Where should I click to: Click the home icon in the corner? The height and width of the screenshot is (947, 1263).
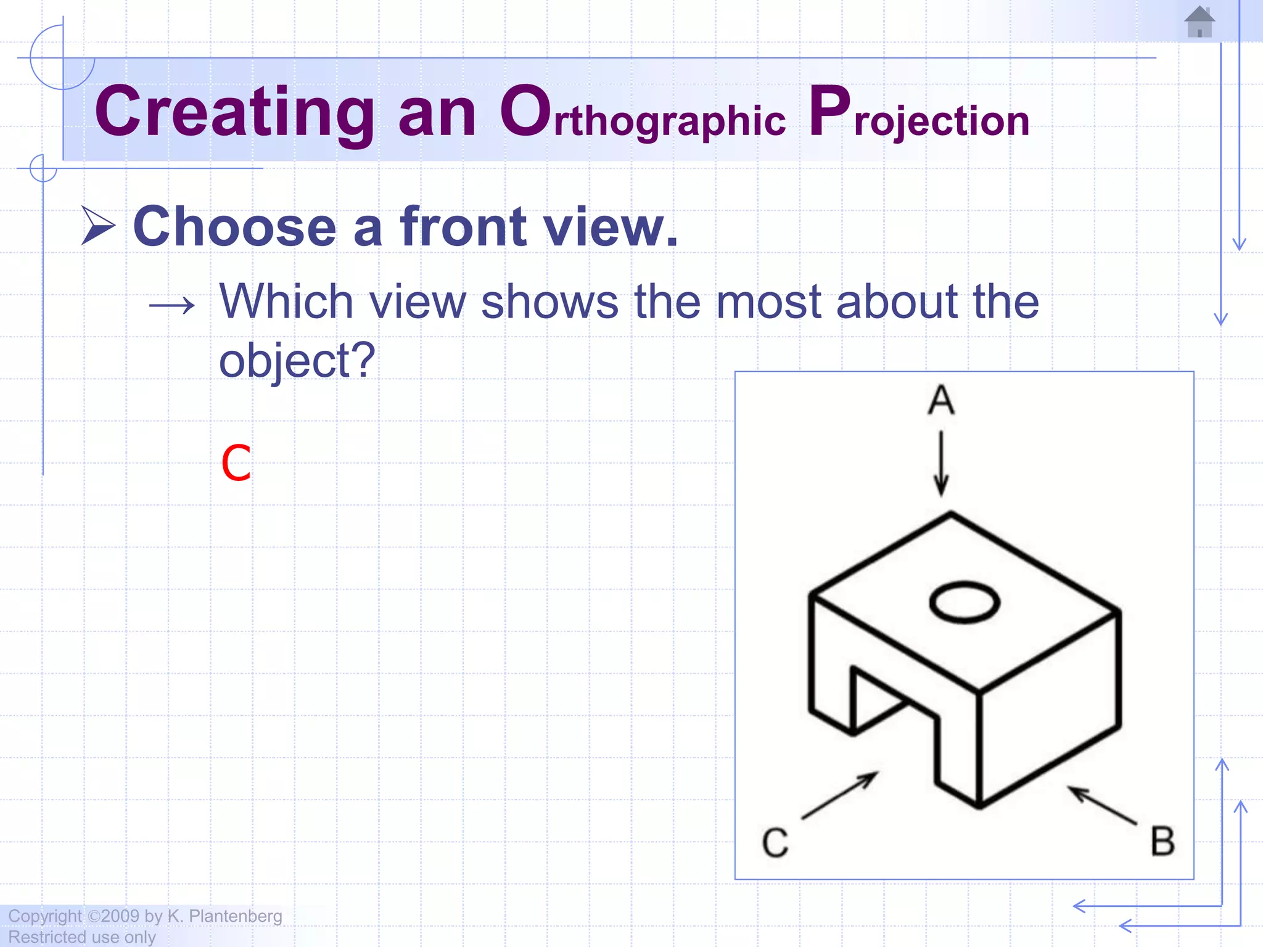1199,22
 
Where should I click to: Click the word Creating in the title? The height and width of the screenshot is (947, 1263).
234,113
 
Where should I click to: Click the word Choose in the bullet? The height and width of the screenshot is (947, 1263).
234,227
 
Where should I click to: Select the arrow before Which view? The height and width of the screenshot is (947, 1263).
172,305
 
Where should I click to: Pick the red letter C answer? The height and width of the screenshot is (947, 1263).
236,464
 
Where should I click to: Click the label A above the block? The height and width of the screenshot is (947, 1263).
941,400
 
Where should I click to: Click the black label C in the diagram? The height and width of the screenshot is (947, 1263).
775,842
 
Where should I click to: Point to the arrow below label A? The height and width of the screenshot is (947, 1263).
941,464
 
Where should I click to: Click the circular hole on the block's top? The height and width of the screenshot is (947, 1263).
964,602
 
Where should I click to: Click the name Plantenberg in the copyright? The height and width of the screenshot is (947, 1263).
236,916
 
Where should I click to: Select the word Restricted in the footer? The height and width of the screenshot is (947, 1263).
42,937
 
